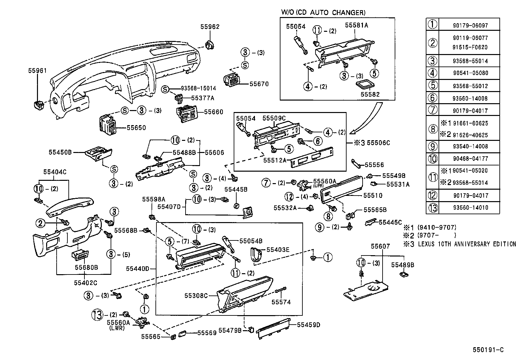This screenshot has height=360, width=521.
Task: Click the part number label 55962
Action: (x=210, y=27)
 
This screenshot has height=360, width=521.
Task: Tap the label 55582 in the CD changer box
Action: (x=370, y=94)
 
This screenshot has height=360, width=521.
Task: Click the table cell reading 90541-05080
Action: (x=471, y=73)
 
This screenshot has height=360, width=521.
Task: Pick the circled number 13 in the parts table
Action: (x=432, y=208)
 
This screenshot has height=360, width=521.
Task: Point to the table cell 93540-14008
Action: (x=471, y=146)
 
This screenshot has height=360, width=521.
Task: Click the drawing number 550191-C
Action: (x=488, y=350)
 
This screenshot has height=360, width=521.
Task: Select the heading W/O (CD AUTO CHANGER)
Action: (x=323, y=13)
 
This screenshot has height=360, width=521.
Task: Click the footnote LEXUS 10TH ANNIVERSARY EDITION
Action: (x=467, y=244)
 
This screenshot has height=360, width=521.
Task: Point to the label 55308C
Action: (x=196, y=295)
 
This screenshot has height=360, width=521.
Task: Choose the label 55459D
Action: (x=308, y=325)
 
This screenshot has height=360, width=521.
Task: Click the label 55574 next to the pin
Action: (x=281, y=302)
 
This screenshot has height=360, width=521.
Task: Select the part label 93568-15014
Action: (x=198, y=88)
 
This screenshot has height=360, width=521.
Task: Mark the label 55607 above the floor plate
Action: (x=380, y=246)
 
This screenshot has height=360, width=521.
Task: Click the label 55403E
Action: (x=278, y=250)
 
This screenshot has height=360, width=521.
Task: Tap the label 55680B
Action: (x=86, y=267)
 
